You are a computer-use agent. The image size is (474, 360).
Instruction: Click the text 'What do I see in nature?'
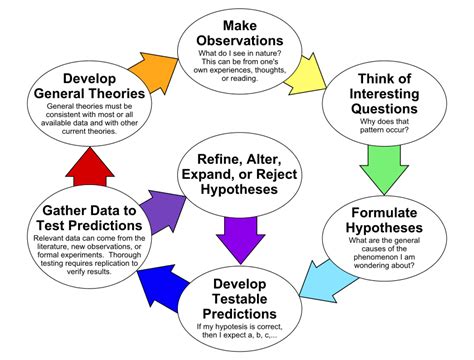[x=239, y=52]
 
